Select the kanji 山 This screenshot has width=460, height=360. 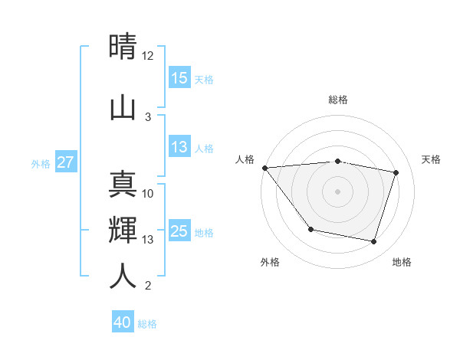point(123,106)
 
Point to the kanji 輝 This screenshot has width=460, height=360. point(123,230)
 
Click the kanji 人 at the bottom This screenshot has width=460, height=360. point(123,276)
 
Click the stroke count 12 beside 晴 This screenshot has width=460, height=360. point(147,56)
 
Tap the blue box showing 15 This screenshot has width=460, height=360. point(179,77)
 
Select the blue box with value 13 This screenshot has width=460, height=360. point(179,148)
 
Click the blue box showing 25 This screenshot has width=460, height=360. point(179,231)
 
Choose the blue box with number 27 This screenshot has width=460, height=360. point(66,162)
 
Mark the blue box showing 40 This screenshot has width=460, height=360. point(122,322)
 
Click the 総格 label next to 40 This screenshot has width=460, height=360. point(147,324)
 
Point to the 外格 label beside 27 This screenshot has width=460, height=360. point(41,163)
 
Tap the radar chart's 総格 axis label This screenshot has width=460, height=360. point(338,100)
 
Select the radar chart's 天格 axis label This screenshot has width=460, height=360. point(432,159)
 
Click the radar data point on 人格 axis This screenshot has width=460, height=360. point(264,168)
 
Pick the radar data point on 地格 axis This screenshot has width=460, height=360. point(373,242)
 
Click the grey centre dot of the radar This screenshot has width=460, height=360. point(338,191)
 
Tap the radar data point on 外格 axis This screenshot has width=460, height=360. point(310,229)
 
